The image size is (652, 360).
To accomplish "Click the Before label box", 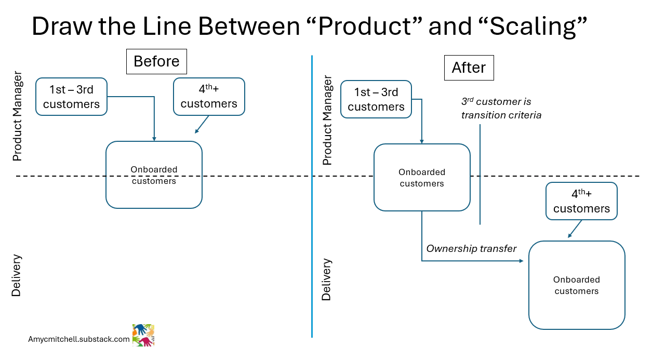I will pyautogui.click(x=156, y=61).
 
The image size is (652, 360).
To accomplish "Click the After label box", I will pyautogui.click(x=469, y=68).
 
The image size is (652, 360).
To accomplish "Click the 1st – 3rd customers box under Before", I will pyautogui.click(x=71, y=97).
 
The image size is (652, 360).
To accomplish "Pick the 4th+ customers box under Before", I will pyautogui.click(x=209, y=97).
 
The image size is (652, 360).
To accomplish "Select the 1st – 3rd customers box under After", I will pyautogui.click(x=376, y=99).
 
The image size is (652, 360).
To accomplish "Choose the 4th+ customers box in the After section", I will pyautogui.click(x=581, y=201).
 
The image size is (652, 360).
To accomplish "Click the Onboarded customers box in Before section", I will pyautogui.click(x=154, y=175).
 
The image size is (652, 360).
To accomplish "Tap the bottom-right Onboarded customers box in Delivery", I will pyautogui.click(x=577, y=285).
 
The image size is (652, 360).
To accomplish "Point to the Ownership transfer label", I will pyautogui.click(x=471, y=249).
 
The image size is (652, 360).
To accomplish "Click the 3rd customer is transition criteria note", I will pyautogui.click(x=501, y=109).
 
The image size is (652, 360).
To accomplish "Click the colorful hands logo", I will pyautogui.click(x=143, y=336).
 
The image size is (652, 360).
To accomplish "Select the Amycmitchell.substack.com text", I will pyautogui.click(x=79, y=339).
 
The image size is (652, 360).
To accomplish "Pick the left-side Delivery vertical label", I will pyautogui.click(x=17, y=275).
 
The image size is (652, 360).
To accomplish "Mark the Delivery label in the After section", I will pyautogui.click(x=326, y=279).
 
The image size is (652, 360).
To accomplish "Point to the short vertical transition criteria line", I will pyautogui.click(x=480, y=174).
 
